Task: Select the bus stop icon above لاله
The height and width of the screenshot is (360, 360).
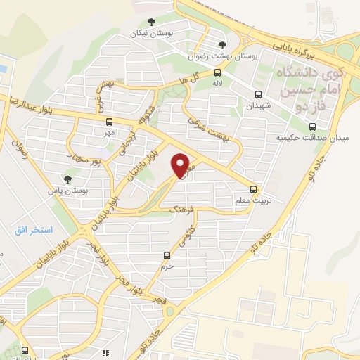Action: [x=218, y=72]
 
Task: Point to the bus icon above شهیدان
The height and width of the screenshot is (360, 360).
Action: [x=258, y=94]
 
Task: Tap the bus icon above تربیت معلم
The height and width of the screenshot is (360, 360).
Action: [x=254, y=189]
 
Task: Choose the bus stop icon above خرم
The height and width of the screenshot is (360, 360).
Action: [x=167, y=255]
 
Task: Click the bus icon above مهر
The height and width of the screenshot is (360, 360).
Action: [x=106, y=121]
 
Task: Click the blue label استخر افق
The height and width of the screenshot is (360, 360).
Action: [x=36, y=231]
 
